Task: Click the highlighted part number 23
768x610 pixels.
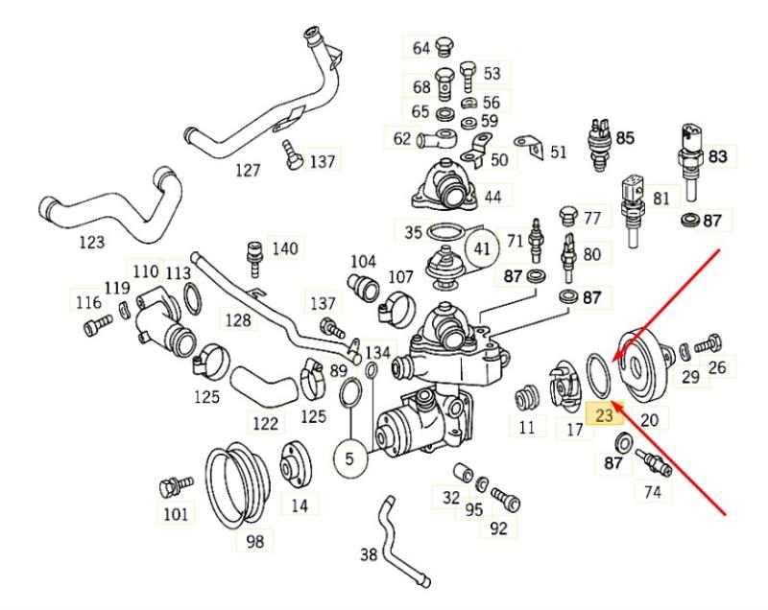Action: pyautogui.click(x=604, y=415)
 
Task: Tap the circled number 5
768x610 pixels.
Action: pyautogui.click(x=349, y=458)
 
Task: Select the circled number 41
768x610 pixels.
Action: pyautogui.click(x=483, y=248)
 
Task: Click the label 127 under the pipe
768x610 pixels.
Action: pyautogui.click(x=248, y=170)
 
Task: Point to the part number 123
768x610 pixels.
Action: pyautogui.click(x=92, y=242)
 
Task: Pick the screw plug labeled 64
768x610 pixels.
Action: pyautogui.click(x=444, y=46)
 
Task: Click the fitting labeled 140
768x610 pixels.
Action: pyautogui.click(x=254, y=258)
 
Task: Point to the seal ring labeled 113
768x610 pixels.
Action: pyautogui.click(x=192, y=299)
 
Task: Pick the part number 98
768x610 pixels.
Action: pyautogui.click(x=254, y=541)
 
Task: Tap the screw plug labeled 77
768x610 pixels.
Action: pyautogui.click(x=567, y=216)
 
